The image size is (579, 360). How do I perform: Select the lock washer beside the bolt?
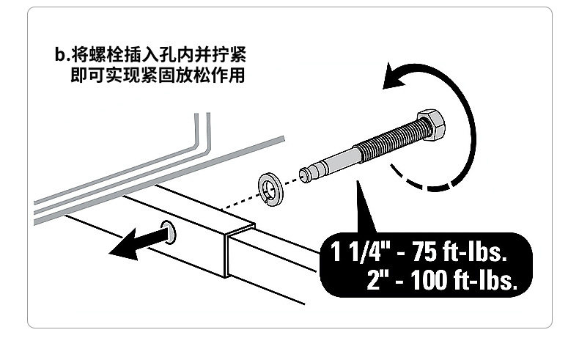[273, 189]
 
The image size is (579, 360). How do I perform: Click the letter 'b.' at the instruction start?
[61, 55]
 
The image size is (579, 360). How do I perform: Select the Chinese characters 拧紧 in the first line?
[229, 55]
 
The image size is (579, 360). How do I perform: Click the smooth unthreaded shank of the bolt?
[334, 164]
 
